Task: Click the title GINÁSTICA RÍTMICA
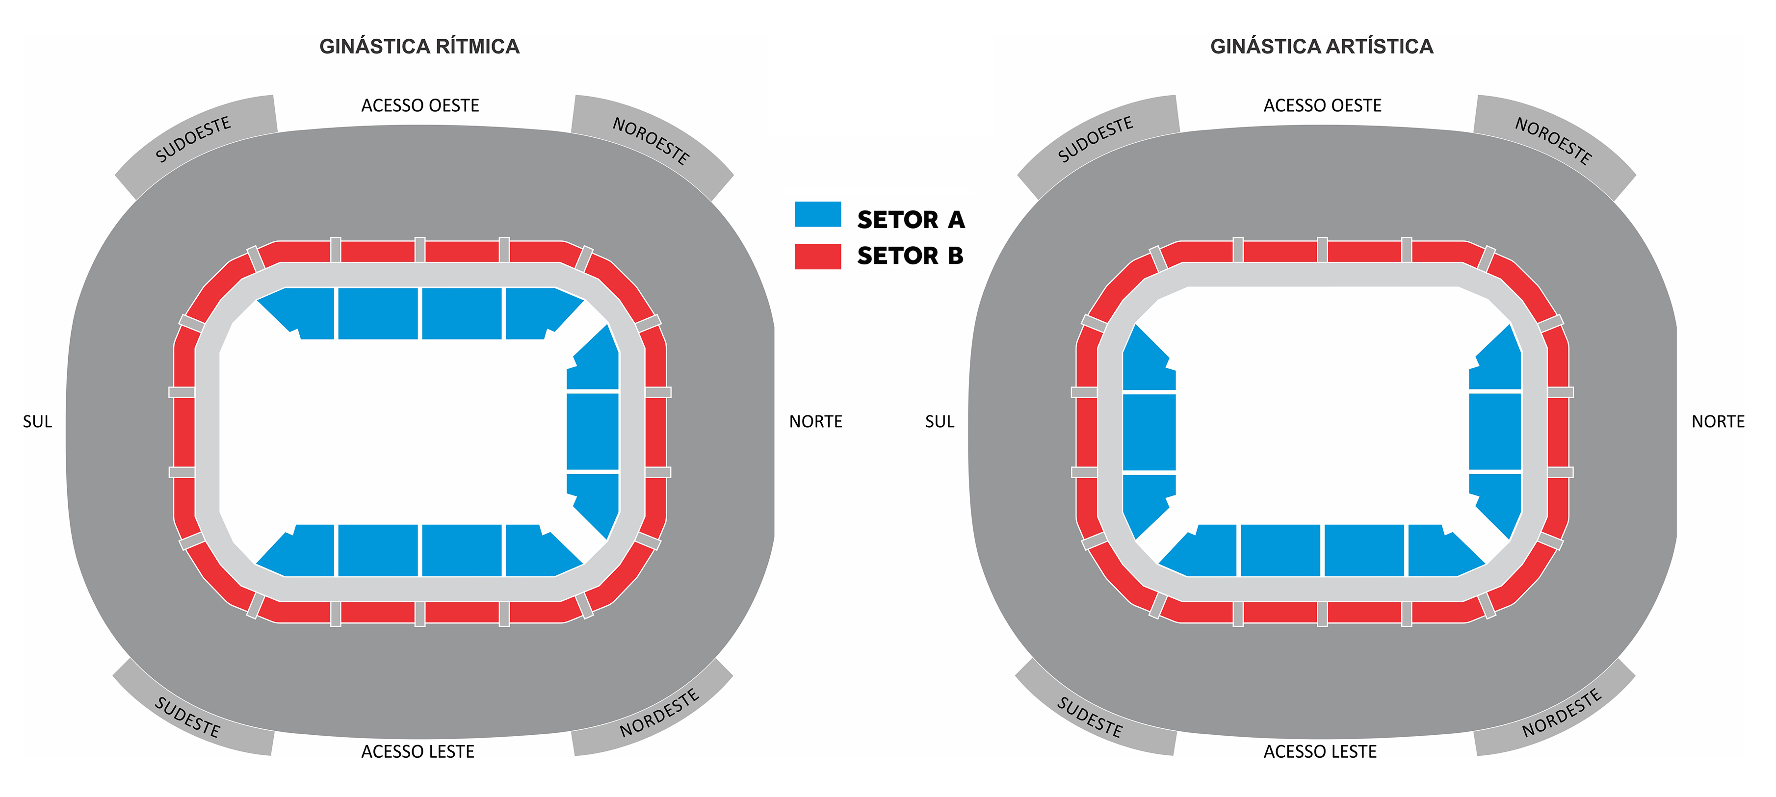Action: [x=419, y=46]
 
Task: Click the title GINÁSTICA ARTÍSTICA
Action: [x=1322, y=46]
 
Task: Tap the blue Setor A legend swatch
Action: [x=818, y=214]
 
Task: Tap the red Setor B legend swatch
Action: [x=818, y=257]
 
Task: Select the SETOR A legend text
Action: [x=911, y=220]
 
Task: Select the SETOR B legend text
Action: [x=910, y=256]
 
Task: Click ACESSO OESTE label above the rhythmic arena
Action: [x=420, y=105]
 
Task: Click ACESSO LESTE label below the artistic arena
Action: [x=1320, y=751]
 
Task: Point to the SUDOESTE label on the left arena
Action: [x=193, y=139]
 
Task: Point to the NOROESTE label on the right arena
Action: [x=1553, y=141]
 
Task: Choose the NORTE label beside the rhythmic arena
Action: [x=815, y=421]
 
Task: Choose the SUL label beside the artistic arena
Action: [x=940, y=421]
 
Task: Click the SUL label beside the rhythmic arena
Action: [x=37, y=421]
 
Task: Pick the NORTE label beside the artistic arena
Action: [x=1718, y=421]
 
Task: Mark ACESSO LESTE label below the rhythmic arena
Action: [x=418, y=751]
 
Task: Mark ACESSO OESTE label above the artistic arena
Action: [x=1322, y=105]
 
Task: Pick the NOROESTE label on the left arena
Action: [x=651, y=141]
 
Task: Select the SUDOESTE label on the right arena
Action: [x=1096, y=139]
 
